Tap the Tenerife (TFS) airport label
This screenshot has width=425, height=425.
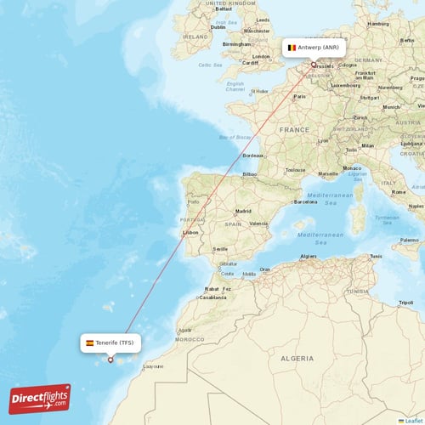click(x=110, y=343)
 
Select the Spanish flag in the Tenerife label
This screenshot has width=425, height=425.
click(x=90, y=343)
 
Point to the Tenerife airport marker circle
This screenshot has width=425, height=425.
click(x=110, y=360)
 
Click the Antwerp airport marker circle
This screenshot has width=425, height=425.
click(x=313, y=65)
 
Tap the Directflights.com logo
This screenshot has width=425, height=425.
click(x=40, y=398)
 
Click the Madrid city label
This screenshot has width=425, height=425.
click(x=244, y=210)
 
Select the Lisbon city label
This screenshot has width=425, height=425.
click(x=190, y=232)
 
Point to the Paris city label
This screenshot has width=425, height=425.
click(x=299, y=96)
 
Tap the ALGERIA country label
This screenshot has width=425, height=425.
click(x=297, y=360)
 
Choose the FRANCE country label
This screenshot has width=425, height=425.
click(x=295, y=129)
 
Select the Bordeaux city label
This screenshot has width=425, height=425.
click(x=253, y=156)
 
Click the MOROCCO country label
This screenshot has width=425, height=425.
click(x=189, y=338)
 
